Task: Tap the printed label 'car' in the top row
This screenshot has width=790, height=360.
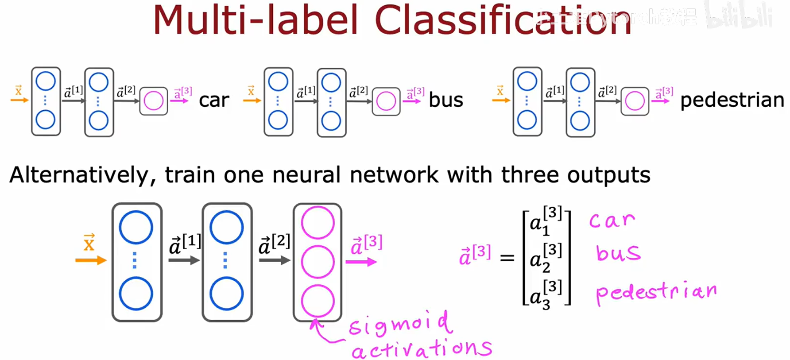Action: pyautogui.click(x=214, y=101)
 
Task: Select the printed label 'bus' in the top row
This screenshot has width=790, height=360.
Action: pyautogui.click(x=445, y=101)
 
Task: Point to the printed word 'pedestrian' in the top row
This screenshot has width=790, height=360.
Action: pyautogui.click(x=732, y=101)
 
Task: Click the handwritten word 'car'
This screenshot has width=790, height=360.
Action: pyautogui.click(x=612, y=220)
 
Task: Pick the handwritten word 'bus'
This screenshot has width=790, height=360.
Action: pyautogui.click(x=618, y=253)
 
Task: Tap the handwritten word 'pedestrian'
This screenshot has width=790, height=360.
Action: pyautogui.click(x=656, y=292)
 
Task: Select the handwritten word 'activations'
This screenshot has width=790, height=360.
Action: pyautogui.click(x=422, y=349)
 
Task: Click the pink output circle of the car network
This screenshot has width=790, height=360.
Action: pyautogui.click(x=154, y=101)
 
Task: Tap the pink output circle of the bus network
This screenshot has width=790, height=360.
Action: pyautogui.click(x=386, y=101)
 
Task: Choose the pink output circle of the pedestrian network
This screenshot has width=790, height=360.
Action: pyautogui.click(x=635, y=101)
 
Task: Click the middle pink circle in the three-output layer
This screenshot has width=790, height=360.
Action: pyautogui.click(x=318, y=262)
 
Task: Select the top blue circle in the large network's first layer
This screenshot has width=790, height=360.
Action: pyautogui.click(x=136, y=227)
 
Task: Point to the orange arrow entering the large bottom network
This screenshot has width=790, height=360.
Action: pyautogui.click(x=91, y=260)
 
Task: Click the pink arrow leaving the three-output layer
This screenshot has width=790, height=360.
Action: pyautogui.click(x=361, y=262)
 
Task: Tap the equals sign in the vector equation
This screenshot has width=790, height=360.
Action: pyautogui.click(x=507, y=258)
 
